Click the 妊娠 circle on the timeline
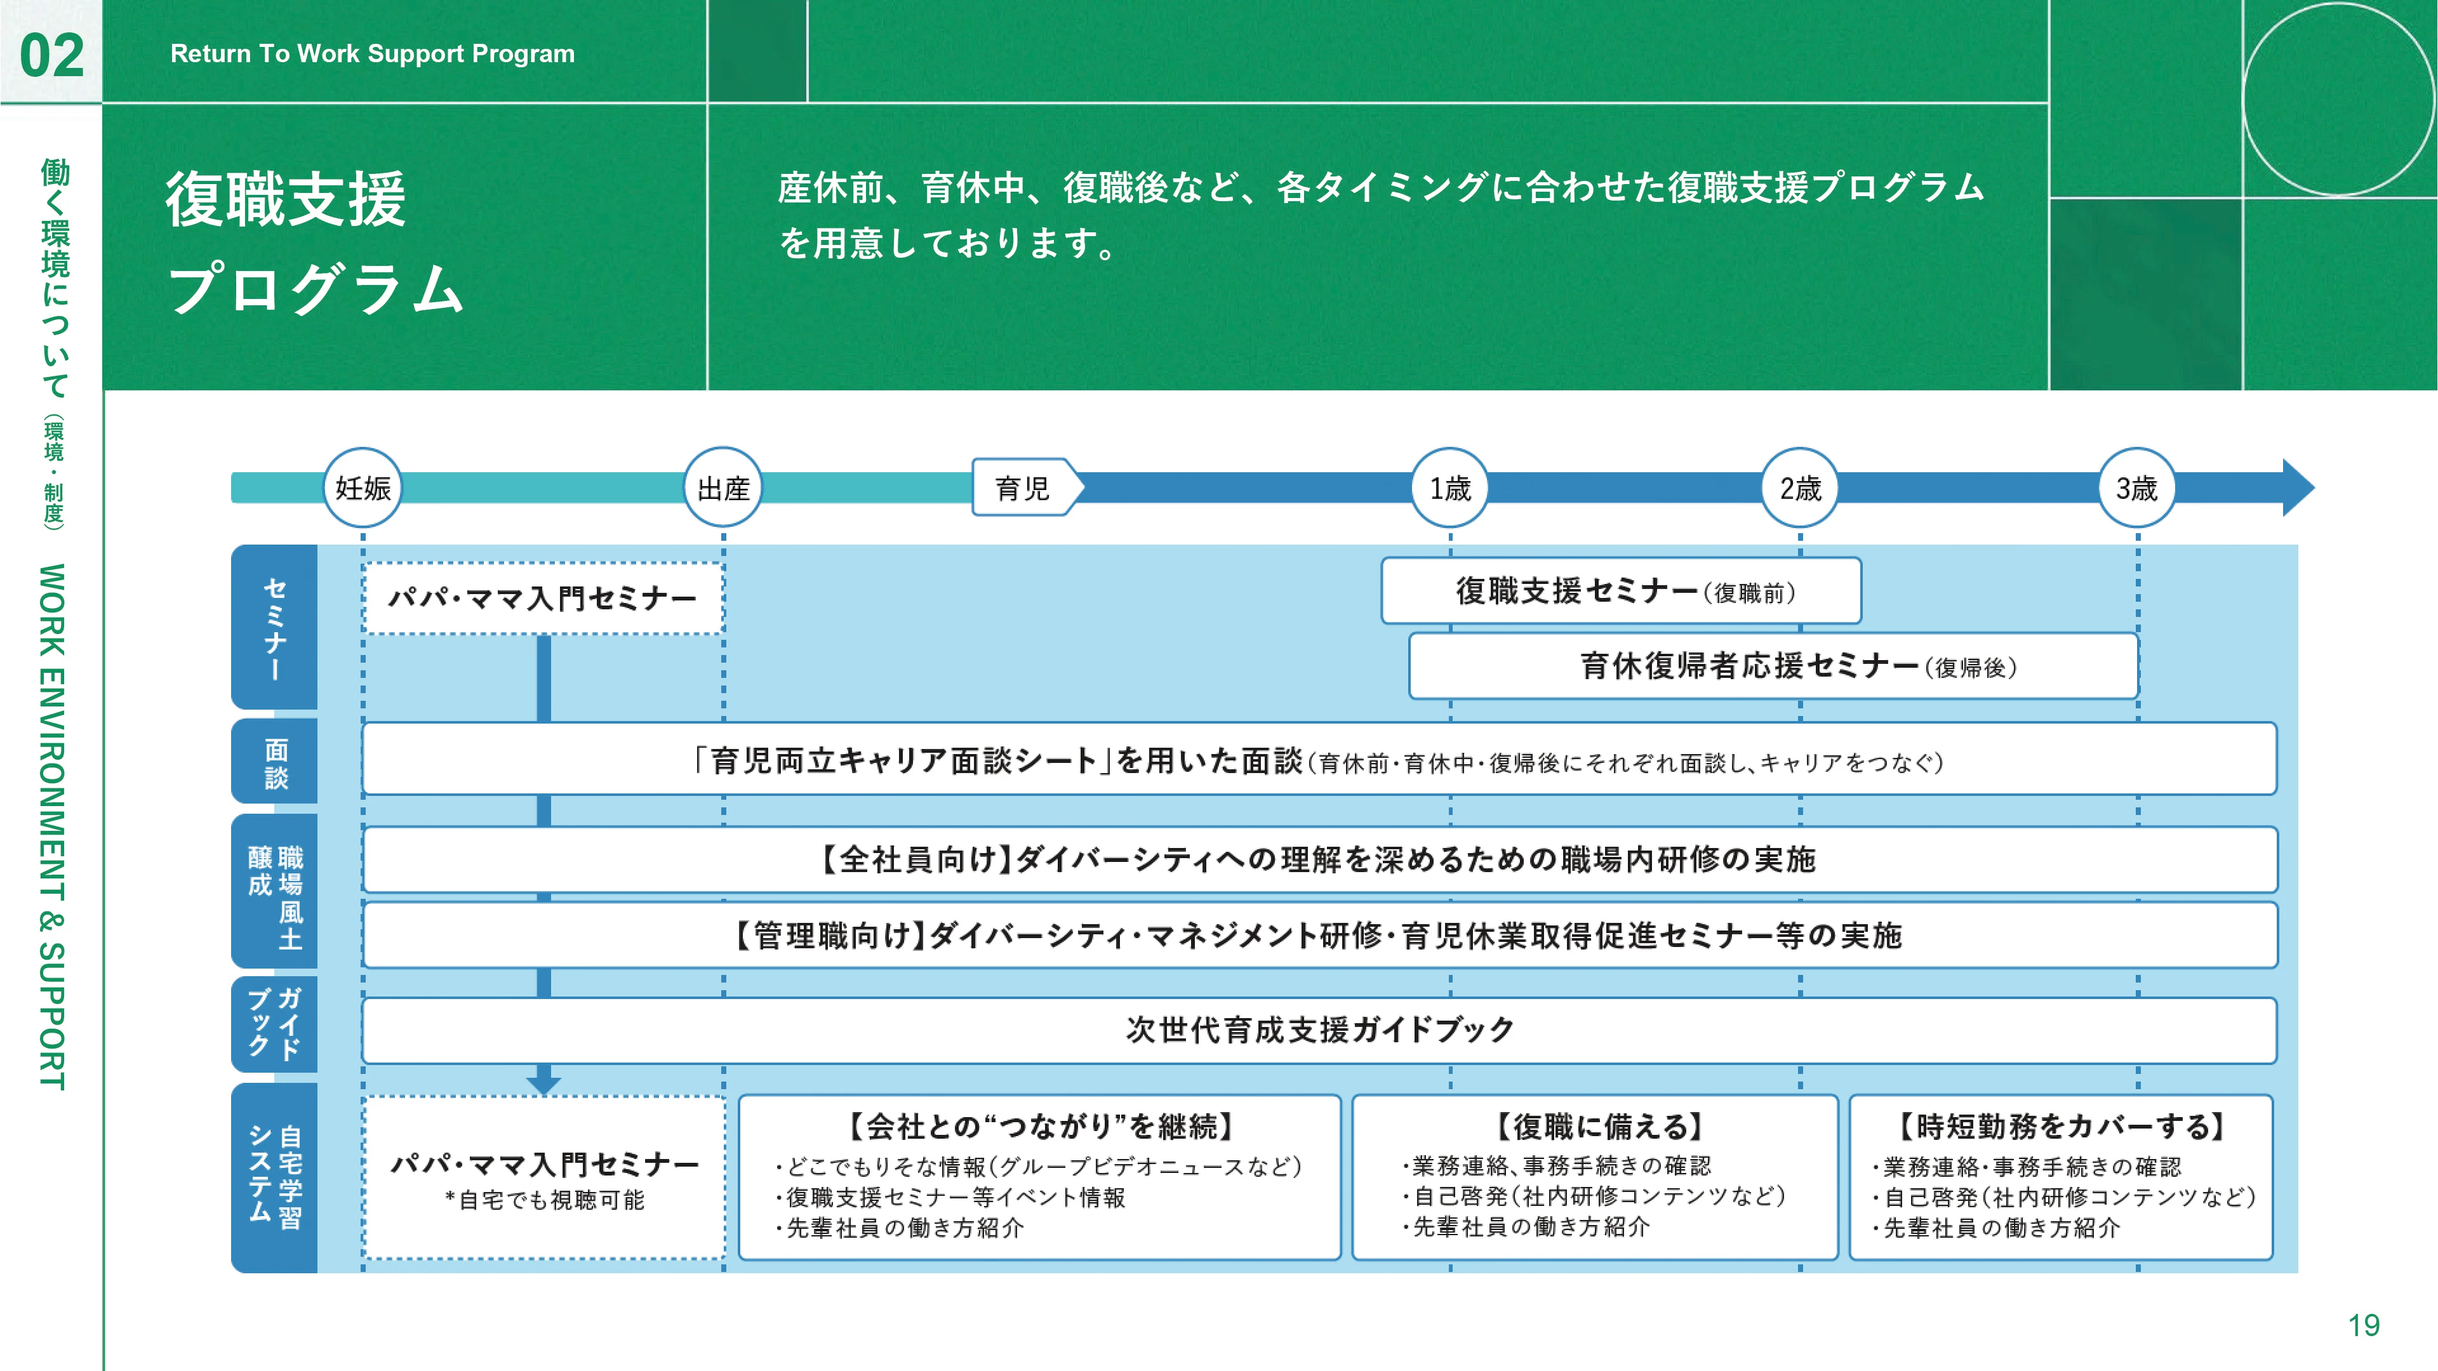[363, 487]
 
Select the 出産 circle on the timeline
[723, 487]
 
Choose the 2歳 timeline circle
[1799, 487]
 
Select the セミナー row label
[274, 627]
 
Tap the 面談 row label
[274, 762]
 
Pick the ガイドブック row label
[274, 1024]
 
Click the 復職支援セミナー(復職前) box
[1622, 592]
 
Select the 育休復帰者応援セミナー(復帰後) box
[1774, 666]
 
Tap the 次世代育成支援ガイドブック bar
[1319, 1030]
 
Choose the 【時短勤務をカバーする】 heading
[2062, 1126]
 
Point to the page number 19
[2363, 1325]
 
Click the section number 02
[52, 55]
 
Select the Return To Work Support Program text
[373, 54]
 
